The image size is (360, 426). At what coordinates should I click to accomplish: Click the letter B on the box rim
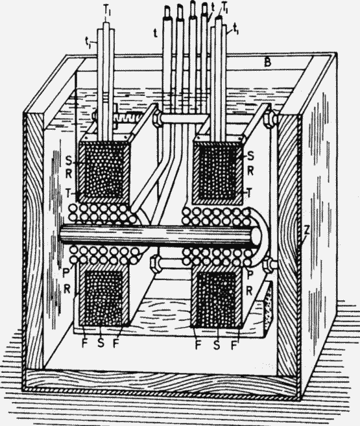pyautogui.click(x=268, y=63)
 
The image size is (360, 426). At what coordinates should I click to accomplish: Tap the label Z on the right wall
pyautogui.click(x=306, y=231)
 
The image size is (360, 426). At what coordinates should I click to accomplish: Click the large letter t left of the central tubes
pyautogui.click(x=156, y=34)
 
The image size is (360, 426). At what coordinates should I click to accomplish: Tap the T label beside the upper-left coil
pyautogui.click(x=69, y=193)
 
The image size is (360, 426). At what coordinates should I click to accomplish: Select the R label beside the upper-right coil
pyautogui.click(x=250, y=171)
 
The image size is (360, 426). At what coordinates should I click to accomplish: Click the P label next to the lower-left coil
pyautogui.click(x=66, y=273)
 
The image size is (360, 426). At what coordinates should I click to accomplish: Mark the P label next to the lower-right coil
pyautogui.click(x=250, y=275)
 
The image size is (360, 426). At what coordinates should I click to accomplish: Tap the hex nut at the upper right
pyautogui.click(x=269, y=119)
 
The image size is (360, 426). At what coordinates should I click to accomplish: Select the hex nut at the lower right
pyautogui.click(x=269, y=265)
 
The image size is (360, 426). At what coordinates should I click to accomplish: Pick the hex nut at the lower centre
pyautogui.click(x=156, y=263)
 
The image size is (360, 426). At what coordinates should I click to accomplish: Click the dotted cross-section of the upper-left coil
pyautogui.click(x=104, y=171)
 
